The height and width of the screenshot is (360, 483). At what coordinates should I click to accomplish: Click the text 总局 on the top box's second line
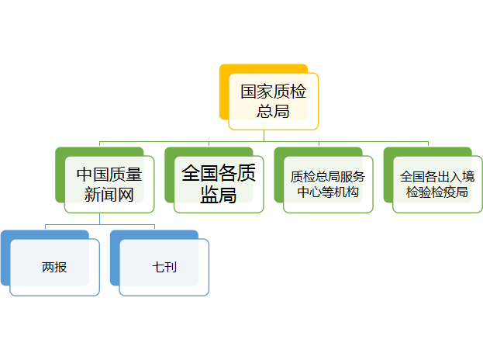(273, 111)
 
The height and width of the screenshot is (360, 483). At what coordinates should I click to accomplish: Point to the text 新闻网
(109, 195)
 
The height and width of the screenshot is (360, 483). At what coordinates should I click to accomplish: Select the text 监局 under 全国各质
(218, 196)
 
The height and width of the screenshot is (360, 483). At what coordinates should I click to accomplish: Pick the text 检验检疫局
(436, 192)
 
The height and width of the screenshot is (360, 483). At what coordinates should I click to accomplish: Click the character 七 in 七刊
(158, 268)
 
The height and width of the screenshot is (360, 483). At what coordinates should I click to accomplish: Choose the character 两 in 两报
(48, 268)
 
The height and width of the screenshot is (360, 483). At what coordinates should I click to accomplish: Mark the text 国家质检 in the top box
(273, 92)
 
